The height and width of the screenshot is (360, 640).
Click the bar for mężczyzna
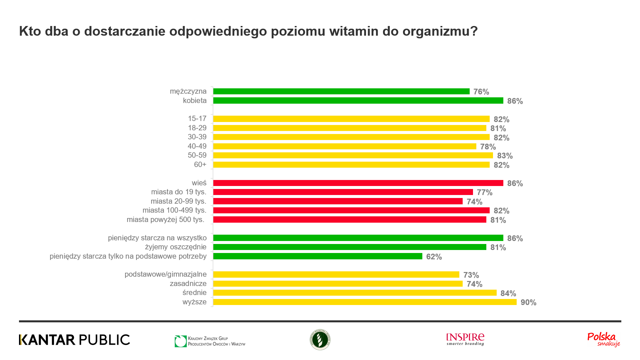[341, 91]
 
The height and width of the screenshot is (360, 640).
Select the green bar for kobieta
[358, 101]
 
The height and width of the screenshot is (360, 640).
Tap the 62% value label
[434, 257]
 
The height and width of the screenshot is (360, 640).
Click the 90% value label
[528, 302]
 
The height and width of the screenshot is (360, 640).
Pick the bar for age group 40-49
[345, 146]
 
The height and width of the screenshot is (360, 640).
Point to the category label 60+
[200, 165]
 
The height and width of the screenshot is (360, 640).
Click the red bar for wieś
[358, 183]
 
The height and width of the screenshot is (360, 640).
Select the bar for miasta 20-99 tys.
[338, 201]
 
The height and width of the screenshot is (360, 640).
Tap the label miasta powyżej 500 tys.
[165, 220]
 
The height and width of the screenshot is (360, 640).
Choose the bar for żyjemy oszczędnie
[350, 247]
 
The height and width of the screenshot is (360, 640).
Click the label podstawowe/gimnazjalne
[165, 274]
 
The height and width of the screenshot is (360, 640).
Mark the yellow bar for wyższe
[365, 302]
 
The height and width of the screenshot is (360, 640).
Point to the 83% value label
[505, 156]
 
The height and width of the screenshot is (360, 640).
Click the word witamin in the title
[354, 31]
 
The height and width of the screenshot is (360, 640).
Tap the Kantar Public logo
[74, 340]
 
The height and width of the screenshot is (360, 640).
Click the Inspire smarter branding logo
[465, 339]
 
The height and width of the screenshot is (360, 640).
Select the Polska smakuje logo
[603, 339]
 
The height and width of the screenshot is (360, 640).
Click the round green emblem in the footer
[320, 340]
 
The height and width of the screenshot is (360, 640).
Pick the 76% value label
[481, 92]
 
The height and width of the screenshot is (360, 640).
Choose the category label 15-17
[197, 119]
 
